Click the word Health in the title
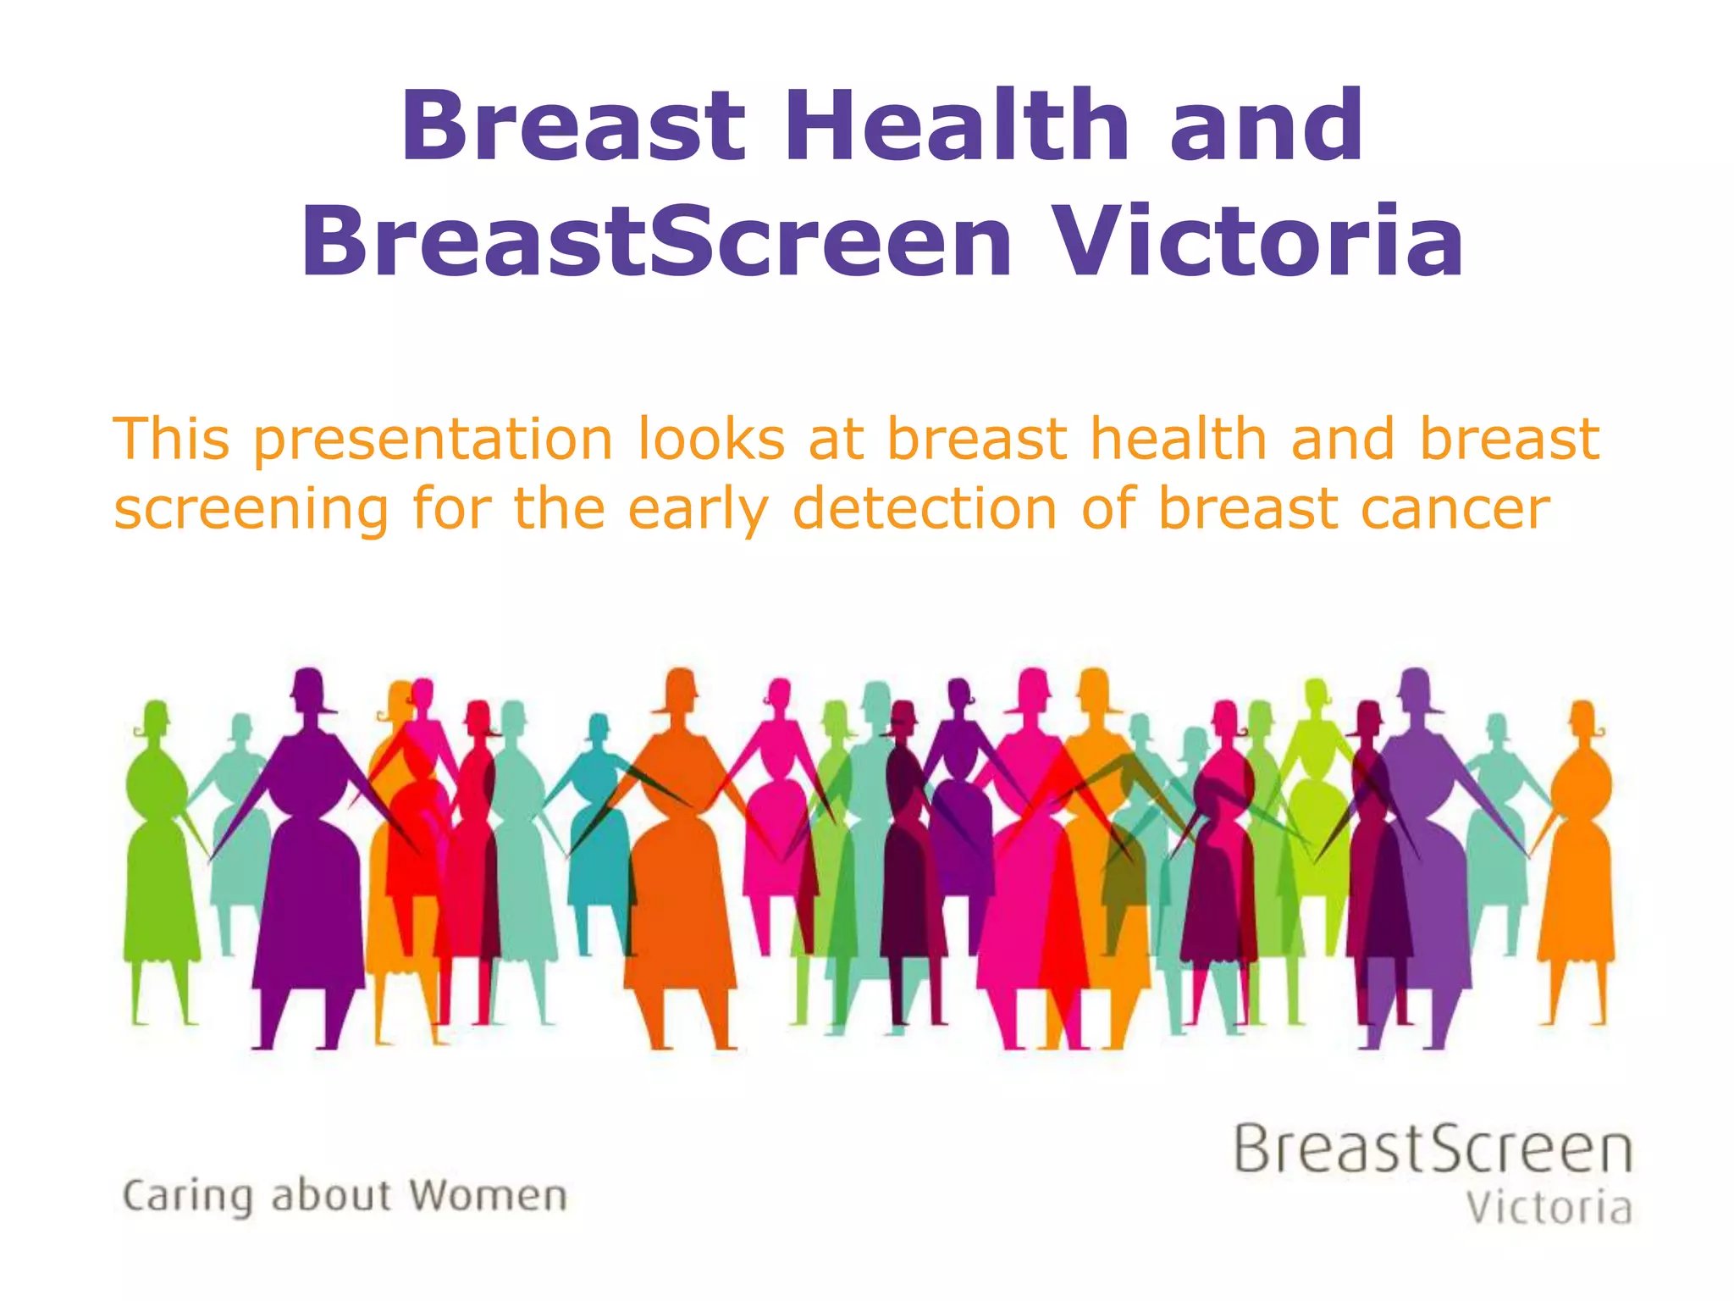pos(957,127)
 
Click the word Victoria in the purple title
pos(1262,241)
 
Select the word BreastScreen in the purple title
pos(656,241)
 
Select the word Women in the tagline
pos(489,1196)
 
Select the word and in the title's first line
pos(1267,127)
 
